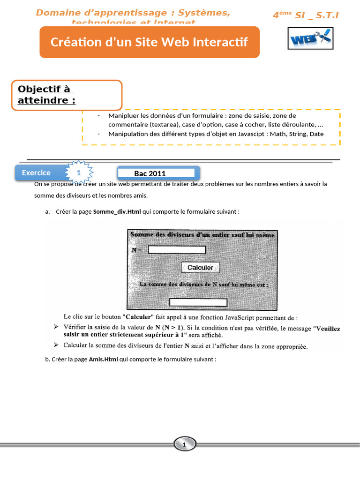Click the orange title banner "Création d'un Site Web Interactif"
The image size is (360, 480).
click(x=149, y=42)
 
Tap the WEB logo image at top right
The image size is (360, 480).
click(x=310, y=38)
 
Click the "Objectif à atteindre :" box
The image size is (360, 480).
click(x=67, y=95)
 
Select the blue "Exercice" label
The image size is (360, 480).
click(x=37, y=173)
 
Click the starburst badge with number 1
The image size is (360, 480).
click(x=79, y=173)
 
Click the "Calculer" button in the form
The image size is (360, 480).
click(x=200, y=268)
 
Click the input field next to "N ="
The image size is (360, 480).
click(x=177, y=250)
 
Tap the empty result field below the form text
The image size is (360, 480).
click(x=198, y=302)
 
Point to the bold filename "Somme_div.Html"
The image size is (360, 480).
click(x=117, y=211)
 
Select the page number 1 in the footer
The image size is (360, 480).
click(x=184, y=444)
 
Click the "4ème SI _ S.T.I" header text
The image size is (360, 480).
click(x=305, y=15)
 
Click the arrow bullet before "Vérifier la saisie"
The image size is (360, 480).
click(x=56, y=326)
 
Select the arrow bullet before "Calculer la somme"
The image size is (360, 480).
click(x=56, y=345)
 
